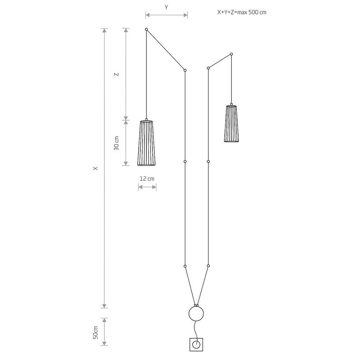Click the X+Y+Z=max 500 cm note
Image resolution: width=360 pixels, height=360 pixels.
pos(242,12)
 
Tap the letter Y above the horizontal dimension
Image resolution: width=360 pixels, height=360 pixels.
pos(166,7)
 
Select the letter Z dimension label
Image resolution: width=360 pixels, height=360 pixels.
pos(117,75)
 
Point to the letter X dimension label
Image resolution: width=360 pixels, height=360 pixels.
pos(95,168)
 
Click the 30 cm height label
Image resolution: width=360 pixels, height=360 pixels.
pos(117,143)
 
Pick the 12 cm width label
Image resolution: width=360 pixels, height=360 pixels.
pos(147,179)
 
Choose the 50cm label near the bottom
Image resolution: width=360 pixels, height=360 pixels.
pos(95,332)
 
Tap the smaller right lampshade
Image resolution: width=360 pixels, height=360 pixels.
pos(231,123)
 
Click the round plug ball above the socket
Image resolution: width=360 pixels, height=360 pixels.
pos(196,314)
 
